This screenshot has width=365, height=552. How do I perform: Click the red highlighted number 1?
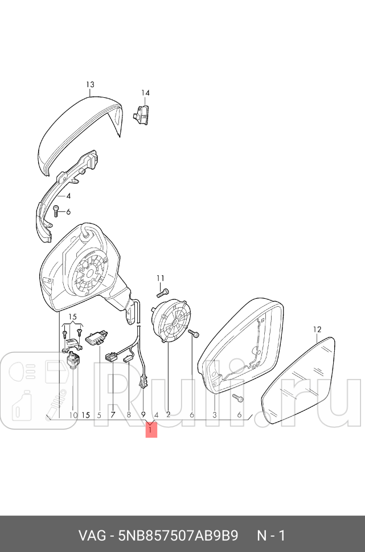151,430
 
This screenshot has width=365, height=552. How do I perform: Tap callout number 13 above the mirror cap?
90,84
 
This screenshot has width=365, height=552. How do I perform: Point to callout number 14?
145,93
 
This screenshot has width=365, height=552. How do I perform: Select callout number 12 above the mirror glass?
317,329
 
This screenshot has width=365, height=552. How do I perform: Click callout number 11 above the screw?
161,278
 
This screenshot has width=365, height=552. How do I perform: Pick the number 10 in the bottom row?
73,415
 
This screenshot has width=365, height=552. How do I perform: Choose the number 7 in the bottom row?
113,415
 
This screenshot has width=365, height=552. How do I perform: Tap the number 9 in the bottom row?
143,415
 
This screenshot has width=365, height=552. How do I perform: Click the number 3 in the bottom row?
215,415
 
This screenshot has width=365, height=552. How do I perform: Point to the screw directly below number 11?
162,293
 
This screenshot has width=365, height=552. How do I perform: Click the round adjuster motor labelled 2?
172,321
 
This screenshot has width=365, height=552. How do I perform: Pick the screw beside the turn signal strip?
56,211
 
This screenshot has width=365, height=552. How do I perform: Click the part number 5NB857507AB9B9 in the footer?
178,536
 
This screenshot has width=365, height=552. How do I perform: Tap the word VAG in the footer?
92,536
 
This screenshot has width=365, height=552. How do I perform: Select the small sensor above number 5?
96,337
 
